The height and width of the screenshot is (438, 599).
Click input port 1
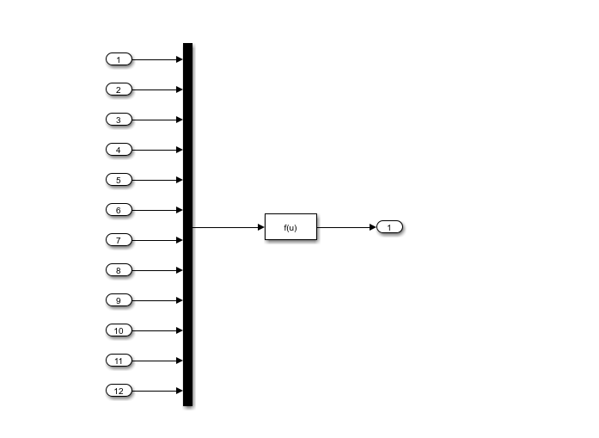[119, 59]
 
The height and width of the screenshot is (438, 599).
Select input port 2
[119, 89]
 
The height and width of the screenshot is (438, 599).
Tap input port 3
[119, 120]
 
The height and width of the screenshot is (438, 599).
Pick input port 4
[119, 150]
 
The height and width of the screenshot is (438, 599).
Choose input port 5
[119, 180]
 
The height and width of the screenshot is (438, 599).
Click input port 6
[119, 210]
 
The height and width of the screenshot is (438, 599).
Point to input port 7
[119, 240]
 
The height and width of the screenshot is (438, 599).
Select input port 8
[119, 270]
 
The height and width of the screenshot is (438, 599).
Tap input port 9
[119, 300]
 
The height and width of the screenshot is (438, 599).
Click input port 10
[119, 330]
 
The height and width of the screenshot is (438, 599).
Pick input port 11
[119, 361]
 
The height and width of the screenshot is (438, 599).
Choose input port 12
[119, 391]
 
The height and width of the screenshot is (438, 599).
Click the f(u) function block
[290, 227]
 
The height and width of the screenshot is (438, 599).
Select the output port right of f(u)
[389, 227]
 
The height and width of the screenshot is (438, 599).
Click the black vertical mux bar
[187, 224]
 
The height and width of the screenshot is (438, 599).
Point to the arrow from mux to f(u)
[228, 227]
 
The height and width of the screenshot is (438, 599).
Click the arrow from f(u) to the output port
[345, 227]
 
